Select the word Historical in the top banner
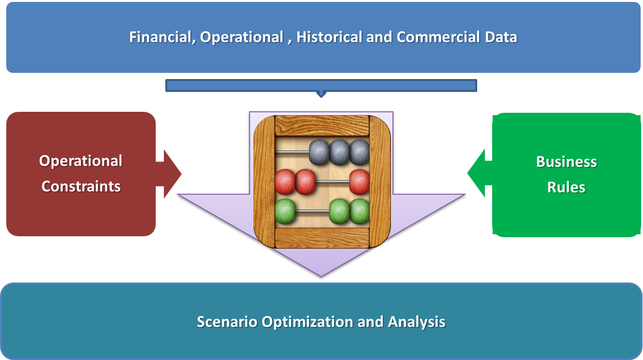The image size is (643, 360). (x=329, y=37)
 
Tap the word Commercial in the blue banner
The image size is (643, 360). (x=438, y=37)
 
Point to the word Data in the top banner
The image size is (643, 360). (x=501, y=37)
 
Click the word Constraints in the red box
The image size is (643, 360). (x=81, y=187)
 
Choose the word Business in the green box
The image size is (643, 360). (x=566, y=161)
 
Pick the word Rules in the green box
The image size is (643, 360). (x=566, y=187)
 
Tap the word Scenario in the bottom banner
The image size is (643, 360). (x=227, y=321)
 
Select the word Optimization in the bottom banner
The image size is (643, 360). (x=308, y=322)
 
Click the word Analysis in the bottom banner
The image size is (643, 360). (x=416, y=322)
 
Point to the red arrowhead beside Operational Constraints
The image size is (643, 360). (x=173, y=173)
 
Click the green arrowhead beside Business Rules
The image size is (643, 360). (x=476, y=173)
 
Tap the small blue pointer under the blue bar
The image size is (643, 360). (x=321, y=94)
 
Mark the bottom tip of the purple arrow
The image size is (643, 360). (x=321, y=277)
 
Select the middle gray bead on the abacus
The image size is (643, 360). (x=339, y=152)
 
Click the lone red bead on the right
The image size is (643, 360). (x=360, y=182)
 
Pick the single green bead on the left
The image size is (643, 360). (x=285, y=211)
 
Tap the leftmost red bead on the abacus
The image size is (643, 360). (x=285, y=182)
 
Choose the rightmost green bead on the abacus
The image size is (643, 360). (x=360, y=211)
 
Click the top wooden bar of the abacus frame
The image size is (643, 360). (x=322, y=126)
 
